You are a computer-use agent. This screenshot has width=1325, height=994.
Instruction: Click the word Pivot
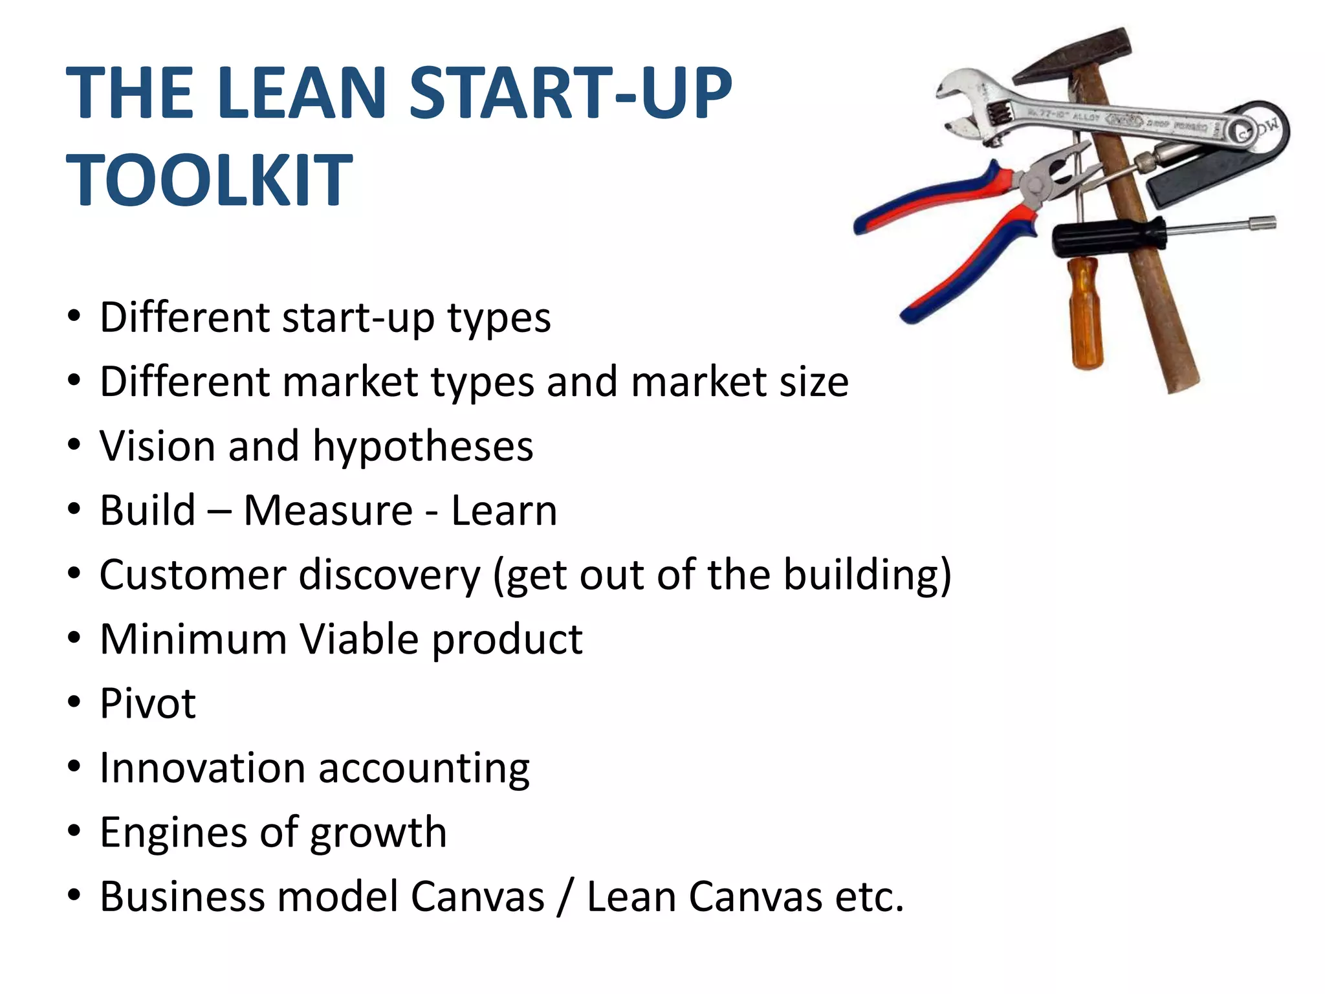[x=148, y=703]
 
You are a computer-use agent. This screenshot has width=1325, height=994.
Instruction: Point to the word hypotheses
[x=423, y=447]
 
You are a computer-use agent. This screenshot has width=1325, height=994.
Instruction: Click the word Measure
[x=328, y=511]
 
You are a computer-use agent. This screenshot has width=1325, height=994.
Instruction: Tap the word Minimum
[x=193, y=639]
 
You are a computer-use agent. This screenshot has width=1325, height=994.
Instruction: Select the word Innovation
[x=203, y=768]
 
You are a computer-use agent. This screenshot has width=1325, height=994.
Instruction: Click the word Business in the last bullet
[x=182, y=897]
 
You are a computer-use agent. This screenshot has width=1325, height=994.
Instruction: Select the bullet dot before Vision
[x=74, y=445]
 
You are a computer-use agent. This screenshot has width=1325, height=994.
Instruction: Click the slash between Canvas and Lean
[x=565, y=897]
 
